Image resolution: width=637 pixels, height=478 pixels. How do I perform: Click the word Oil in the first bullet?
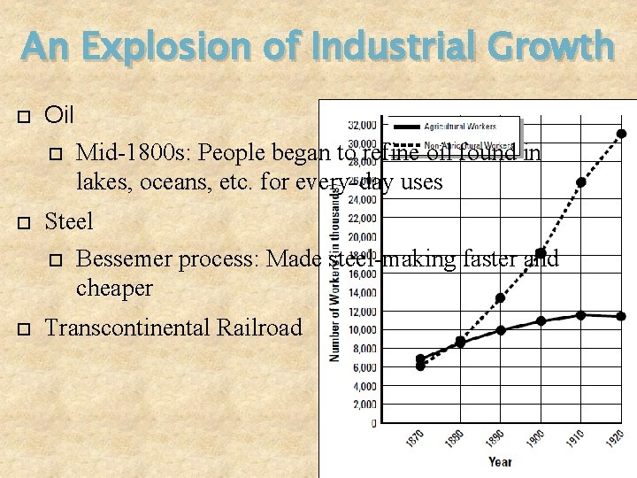click(59, 115)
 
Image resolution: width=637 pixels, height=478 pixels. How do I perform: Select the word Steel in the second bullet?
click(69, 219)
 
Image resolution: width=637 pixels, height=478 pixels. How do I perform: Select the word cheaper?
click(114, 288)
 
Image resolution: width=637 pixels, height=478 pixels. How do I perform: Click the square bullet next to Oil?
click(24, 117)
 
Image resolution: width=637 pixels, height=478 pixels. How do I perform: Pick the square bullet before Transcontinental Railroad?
click(24, 329)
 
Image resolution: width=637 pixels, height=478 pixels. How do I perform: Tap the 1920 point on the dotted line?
click(622, 134)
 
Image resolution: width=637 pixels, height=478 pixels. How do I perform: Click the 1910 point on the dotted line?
click(581, 182)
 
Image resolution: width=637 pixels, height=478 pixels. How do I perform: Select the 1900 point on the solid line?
click(541, 321)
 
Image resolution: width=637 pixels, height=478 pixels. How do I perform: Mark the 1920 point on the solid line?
click(622, 316)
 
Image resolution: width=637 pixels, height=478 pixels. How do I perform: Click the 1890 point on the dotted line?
click(500, 298)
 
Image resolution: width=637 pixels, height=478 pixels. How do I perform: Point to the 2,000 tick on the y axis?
click(365, 405)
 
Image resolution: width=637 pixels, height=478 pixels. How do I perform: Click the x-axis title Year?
click(500, 461)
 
